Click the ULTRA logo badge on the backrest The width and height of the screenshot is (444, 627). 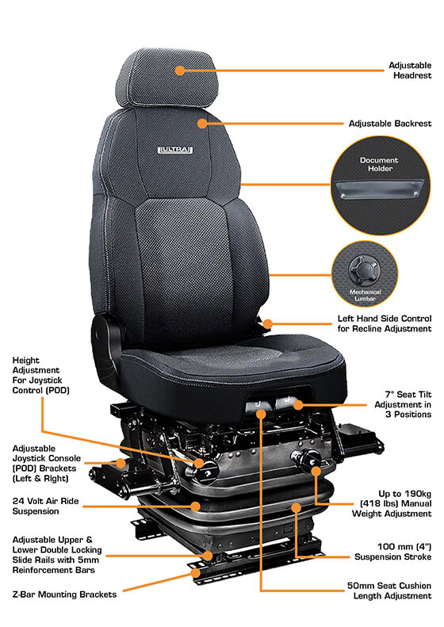pyautogui.click(x=175, y=150)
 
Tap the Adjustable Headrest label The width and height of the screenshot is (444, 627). pyautogui.click(x=410, y=71)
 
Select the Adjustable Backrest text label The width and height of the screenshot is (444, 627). pyautogui.click(x=390, y=124)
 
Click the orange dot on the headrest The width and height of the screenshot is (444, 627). pyautogui.click(x=180, y=71)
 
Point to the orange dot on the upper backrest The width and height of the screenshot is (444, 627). pyautogui.click(x=202, y=123)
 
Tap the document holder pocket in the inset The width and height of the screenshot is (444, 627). pyautogui.click(x=379, y=189)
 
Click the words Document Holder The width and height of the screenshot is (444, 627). pyautogui.click(x=379, y=164)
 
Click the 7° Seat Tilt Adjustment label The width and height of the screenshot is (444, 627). pyautogui.click(x=403, y=404)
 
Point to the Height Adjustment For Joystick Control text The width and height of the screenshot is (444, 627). pyautogui.click(x=40, y=375)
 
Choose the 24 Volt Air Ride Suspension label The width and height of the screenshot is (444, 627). pyautogui.click(x=45, y=506)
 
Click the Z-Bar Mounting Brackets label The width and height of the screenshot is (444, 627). pyautogui.click(x=64, y=595)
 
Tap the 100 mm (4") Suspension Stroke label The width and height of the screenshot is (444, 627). pyautogui.click(x=392, y=552)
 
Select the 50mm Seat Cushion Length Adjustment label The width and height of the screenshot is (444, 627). pyautogui.click(x=389, y=591)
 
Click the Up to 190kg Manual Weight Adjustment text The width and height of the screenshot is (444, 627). pyautogui.click(x=392, y=503)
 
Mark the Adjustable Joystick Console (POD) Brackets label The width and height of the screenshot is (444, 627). pyautogui.click(x=47, y=463)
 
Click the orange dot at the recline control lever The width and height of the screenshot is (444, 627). pyautogui.click(x=267, y=323)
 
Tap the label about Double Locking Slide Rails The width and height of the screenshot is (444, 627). pyautogui.click(x=57, y=555)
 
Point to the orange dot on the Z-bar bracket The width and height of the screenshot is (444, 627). pyautogui.click(x=195, y=573)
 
